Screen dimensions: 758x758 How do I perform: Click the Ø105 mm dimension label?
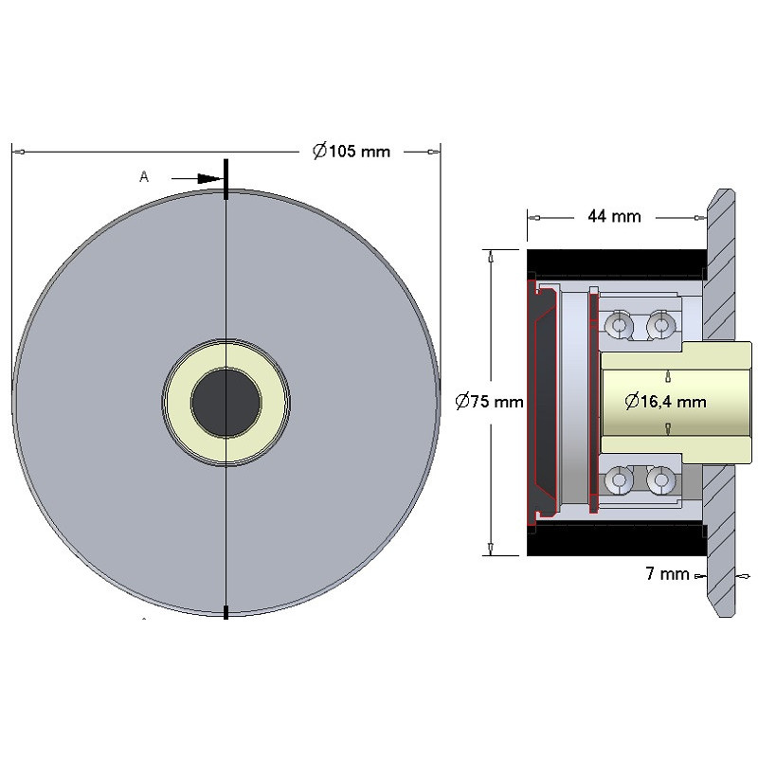[352, 152]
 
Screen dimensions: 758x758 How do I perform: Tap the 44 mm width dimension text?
[614, 216]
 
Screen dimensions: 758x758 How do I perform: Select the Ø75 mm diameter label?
[489, 401]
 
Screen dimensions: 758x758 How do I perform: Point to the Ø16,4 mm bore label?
[665, 401]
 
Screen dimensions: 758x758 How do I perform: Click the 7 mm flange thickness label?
[667, 574]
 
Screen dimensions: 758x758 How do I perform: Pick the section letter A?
[144, 177]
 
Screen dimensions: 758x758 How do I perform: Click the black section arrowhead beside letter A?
[208, 178]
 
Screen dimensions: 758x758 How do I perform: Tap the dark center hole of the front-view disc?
[226, 403]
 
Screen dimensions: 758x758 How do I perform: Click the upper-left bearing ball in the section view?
[620, 324]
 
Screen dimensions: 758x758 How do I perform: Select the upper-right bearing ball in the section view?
[660, 324]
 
